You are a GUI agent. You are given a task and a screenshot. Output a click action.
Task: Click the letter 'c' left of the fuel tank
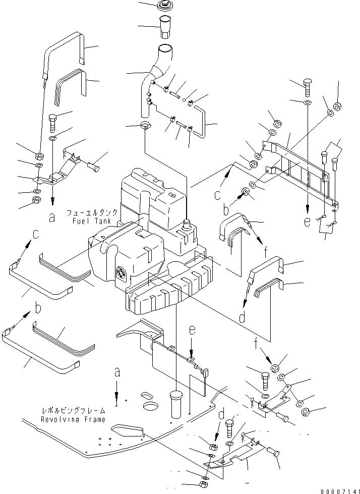36,235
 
